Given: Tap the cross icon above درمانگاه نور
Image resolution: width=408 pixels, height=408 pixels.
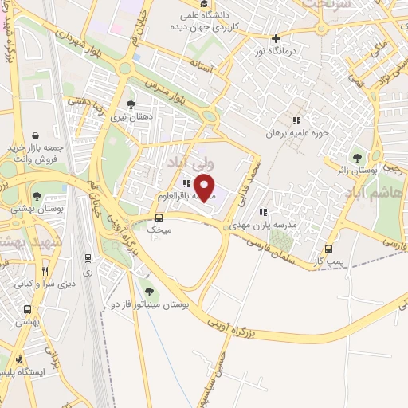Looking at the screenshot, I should coord(276,38).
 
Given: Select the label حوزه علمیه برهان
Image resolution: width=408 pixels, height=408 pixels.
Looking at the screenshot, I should coord(297,132).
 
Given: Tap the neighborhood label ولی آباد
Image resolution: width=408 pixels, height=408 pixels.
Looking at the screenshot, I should coord(189,163).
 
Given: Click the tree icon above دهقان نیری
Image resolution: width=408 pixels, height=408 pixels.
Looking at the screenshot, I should coord(131,104).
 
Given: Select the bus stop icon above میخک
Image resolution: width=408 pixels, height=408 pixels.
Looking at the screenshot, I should coord(159,217).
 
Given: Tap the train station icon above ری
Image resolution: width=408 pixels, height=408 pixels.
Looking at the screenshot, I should coord(87,257).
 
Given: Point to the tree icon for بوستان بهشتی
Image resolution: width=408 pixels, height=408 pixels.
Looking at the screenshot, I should coord(36,194).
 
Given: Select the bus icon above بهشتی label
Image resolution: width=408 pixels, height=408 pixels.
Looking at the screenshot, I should coord(28,309).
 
